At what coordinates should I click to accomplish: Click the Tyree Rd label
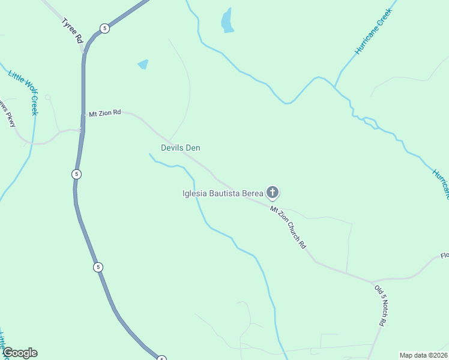click(x=71, y=31)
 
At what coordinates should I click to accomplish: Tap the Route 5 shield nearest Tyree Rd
click(x=104, y=28)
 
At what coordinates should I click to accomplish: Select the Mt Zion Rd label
click(x=105, y=113)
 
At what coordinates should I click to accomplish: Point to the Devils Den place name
click(x=180, y=148)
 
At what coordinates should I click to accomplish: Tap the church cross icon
click(x=273, y=193)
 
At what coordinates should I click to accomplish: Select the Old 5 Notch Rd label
click(x=380, y=305)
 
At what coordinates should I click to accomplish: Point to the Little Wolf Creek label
click(x=24, y=92)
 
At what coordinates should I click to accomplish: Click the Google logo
click(x=20, y=353)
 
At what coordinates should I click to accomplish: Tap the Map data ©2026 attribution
click(x=423, y=355)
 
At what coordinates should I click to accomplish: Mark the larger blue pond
click(x=227, y=21)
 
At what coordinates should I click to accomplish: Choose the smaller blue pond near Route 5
click(x=143, y=64)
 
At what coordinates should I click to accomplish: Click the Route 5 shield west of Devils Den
click(x=76, y=174)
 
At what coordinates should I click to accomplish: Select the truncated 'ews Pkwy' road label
click(x=8, y=113)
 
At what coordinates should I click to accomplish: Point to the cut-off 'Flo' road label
click(x=444, y=256)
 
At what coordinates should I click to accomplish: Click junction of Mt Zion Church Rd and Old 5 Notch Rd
click(x=372, y=281)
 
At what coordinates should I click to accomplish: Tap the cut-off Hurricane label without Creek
click(x=440, y=183)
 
